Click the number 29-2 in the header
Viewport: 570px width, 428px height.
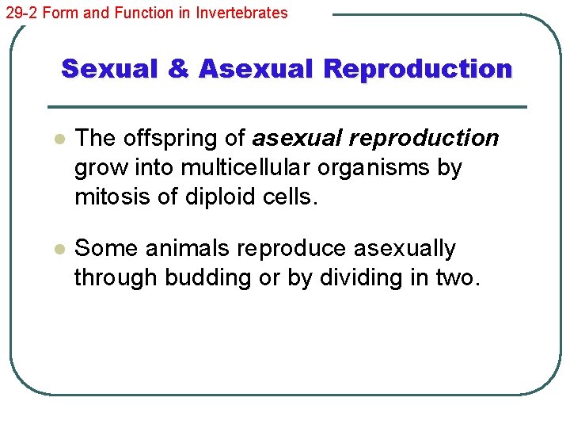(19, 13)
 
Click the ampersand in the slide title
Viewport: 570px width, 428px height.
(179, 69)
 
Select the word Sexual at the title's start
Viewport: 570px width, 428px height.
(111, 69)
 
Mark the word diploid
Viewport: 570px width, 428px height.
(219, 197)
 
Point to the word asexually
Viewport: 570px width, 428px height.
(404, 248)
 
